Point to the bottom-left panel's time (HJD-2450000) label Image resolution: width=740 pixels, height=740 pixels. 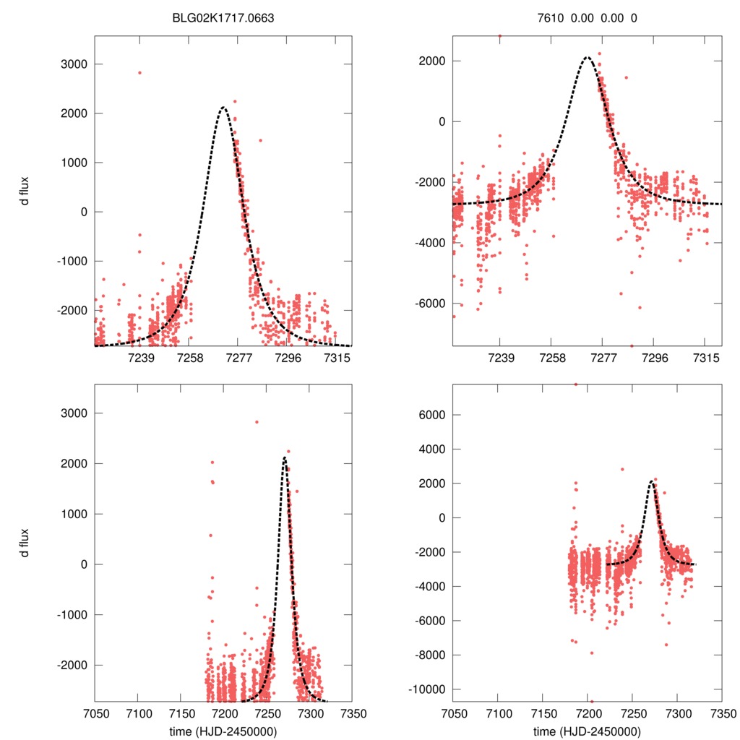tap(223, 731)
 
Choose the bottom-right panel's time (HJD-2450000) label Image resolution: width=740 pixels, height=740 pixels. tap(587, 731)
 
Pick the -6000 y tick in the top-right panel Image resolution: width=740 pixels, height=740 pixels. tap(429, 303)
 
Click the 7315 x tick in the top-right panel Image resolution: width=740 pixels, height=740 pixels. tap(705, 358)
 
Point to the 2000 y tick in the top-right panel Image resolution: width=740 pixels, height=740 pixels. tap(432, 61)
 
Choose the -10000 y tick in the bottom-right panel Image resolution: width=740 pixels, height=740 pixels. tap(426, 689)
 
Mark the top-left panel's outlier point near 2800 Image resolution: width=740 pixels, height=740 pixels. tap(139, 72)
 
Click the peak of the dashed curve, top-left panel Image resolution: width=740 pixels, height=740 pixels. tap(223, 108)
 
